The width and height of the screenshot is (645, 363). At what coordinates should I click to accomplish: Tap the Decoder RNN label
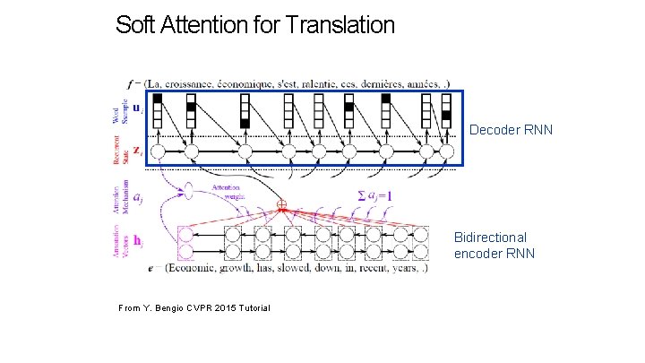[511, 130]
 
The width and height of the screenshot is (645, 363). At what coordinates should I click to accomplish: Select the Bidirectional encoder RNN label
[494, 245]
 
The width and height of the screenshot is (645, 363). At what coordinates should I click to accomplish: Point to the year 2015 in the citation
[211, 308]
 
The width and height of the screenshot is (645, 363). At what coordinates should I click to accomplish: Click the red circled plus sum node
[281, 205]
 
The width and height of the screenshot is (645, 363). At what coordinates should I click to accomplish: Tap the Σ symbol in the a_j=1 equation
[361, 194]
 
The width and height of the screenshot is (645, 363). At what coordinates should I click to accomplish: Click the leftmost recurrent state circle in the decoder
[158, 151]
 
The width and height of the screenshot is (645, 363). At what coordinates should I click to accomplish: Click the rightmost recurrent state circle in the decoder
[445, 152]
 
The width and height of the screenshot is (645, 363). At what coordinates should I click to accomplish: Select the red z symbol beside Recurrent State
[135, 151]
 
